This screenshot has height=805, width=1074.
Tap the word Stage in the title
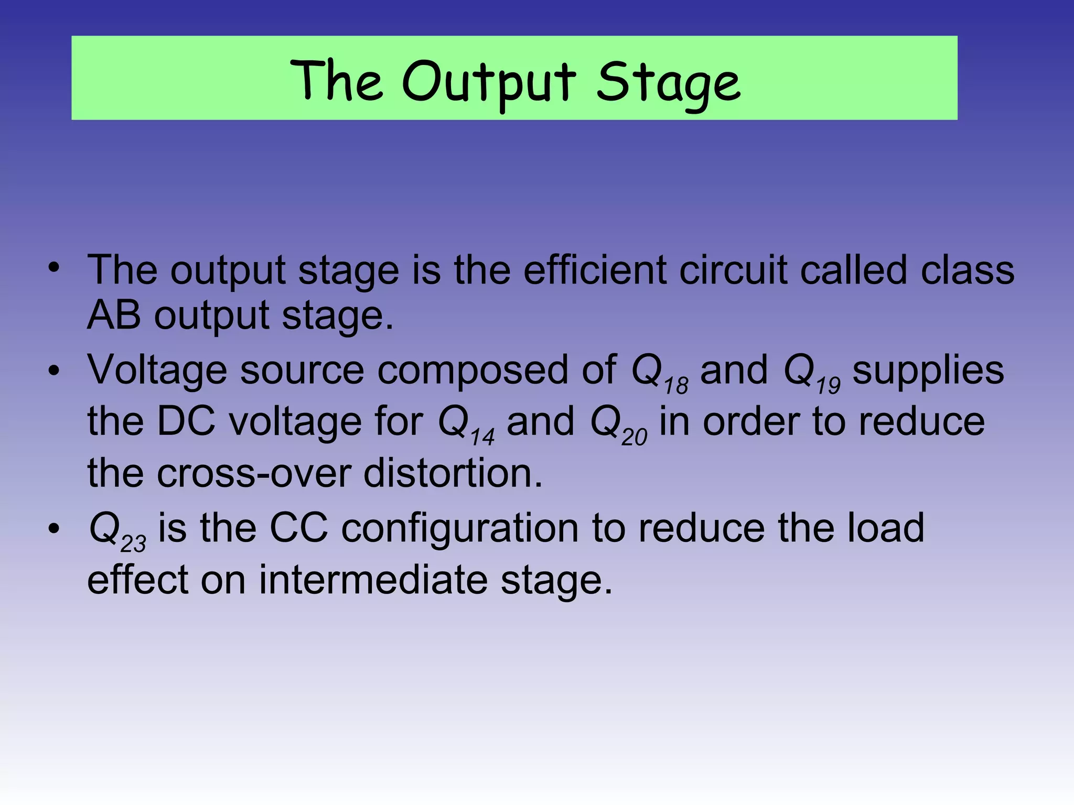pos(669,82)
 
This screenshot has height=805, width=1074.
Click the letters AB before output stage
pos(114,316)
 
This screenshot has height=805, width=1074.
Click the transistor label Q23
pos(117,530)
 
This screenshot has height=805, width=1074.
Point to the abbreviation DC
pos(186,421)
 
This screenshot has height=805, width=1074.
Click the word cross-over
pos(254,473)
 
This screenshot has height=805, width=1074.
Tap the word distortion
pos(453,473)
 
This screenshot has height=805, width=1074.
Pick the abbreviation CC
pos(298,528)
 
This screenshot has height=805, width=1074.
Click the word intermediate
pos(373,580)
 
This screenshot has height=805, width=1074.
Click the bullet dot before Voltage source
pos(53,371)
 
